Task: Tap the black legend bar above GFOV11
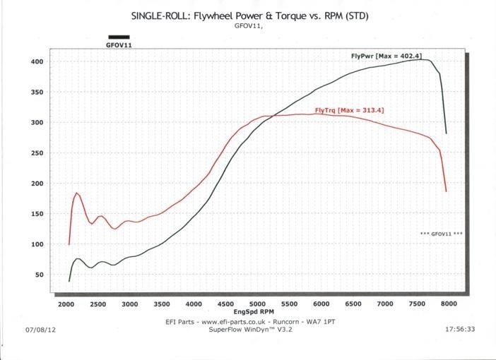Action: pyautogui.click(x=119, y=37)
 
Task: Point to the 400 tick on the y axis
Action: pyautogui.click(x=37, y=62)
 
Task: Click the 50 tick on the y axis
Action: pyautogui.click(x=39, y=275)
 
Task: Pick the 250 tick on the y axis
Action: pyautogui.click(x=37, y=153)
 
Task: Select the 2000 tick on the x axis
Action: pyautogui.click(x=66, y=304)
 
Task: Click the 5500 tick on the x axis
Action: pyautogui.click(x=289, y=304)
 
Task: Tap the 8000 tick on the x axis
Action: pyautogui.click(x=448, y=304)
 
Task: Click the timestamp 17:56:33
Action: pyautogui.click(x=461, y=329)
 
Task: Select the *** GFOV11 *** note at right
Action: pyautogui.click(x=441, y=233)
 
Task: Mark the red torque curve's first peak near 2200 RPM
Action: pyautogui.click(x=76, y=193)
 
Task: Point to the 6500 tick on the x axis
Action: pyautogui.click(x=353, y=304)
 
